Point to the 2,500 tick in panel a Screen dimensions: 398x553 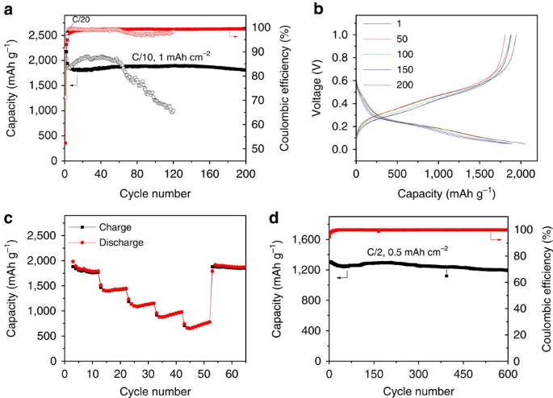pyautogui.click(x=44, y=35)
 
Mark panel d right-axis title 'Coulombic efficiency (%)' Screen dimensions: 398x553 pyautogui.click(x=541, y=298)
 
